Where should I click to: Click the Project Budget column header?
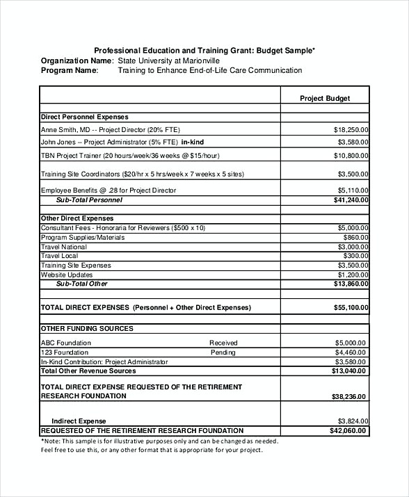click(x=325, y=99)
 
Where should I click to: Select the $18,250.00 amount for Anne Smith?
click(x=351, y=130)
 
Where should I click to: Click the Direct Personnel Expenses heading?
click(x=84, y=117)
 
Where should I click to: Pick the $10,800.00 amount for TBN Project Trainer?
click(x=351, y=156)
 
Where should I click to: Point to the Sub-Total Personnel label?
click(x=89, y=200)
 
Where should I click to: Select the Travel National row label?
click(x=64, y=247)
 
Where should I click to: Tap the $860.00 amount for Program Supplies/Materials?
click(x=355, y=237)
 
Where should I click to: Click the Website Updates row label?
click(x=67, y=275)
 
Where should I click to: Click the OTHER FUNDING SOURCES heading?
click(x=87, y=328)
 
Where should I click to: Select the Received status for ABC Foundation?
click(x=223, y=343)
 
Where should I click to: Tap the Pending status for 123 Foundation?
click(x=223, y=352)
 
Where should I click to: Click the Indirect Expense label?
click(x=79, y=421)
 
